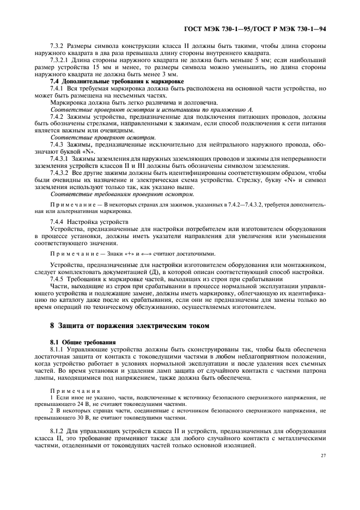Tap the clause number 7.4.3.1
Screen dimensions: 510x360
tap(60, 158)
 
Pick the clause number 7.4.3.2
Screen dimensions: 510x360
tap(60, 173)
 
